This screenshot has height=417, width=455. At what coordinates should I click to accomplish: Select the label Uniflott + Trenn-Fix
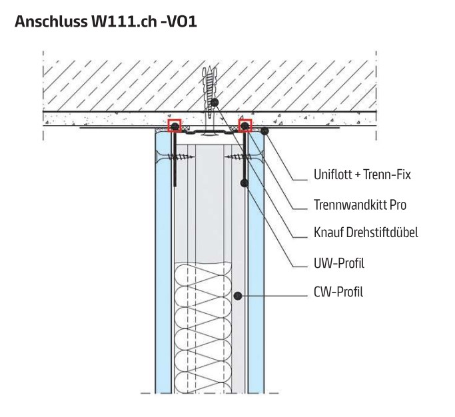coord(362,175)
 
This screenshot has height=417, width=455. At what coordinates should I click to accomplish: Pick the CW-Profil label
coord(338,292)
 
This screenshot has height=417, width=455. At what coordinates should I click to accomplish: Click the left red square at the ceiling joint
coord(174,125)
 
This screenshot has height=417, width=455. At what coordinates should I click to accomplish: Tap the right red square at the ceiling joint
coord(245,125)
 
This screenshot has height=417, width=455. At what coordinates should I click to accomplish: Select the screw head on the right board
coord(256,157)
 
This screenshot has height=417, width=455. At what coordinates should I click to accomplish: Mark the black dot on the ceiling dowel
coord(215,102)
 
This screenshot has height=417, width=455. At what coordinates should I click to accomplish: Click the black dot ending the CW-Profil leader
coord(238,292)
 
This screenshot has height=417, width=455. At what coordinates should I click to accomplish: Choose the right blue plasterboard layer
coord(256,266)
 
